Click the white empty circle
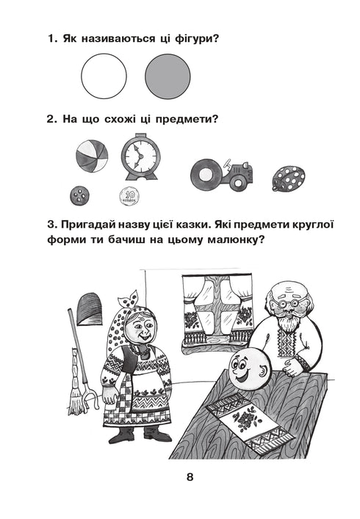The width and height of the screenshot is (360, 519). [x=104, y=76]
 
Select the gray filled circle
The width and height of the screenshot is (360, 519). [x=168, y=76]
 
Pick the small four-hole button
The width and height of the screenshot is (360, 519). [x=79, y=195]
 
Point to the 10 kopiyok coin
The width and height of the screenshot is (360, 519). [x=129, y=195]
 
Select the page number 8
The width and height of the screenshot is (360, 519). [x=189, y=478]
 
